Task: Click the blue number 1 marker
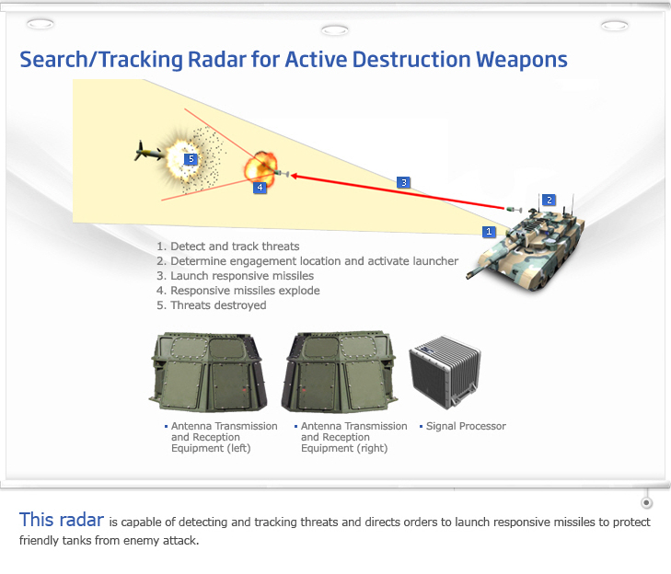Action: pyautogui.click(x=490, y=232)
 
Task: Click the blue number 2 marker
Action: pyautogui.click(x=549, y=200)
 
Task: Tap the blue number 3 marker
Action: pyautogui.click(x=403, y=182)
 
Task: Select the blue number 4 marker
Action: pyautogui.click(x=260, y=187)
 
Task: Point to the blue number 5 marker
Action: pyautogui.click(x=191, y=159)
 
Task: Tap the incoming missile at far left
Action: pyautogui.click(x=145, y=152)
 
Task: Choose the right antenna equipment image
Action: pyautogui.click(x=341, y=373)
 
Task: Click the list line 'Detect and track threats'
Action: pyautogui.click(x=228, y=247)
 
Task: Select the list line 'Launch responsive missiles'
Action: pyautogui.click(x=236, y=276)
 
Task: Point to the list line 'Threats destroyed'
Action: pyautogui.click(x=212, y=305)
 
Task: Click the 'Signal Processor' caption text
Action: pyautogui.click(x=466, y=427)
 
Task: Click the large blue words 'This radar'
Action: pyautogui.click(x=61, y=520)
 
